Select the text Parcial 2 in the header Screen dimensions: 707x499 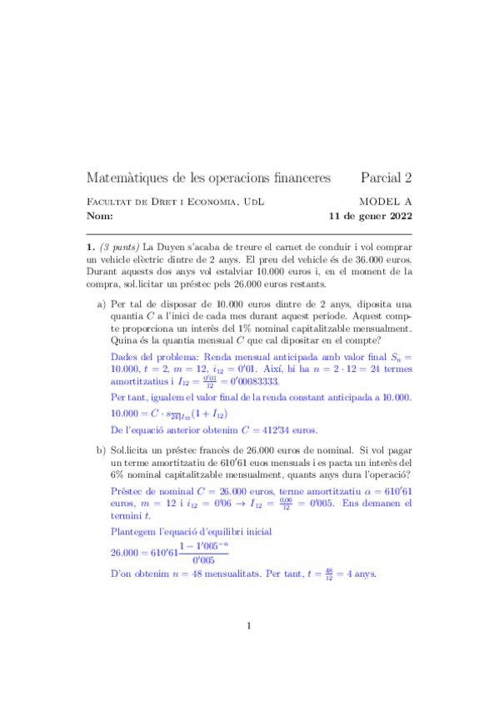(x=386, y=178)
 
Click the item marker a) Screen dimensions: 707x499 (x=103, y=305)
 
